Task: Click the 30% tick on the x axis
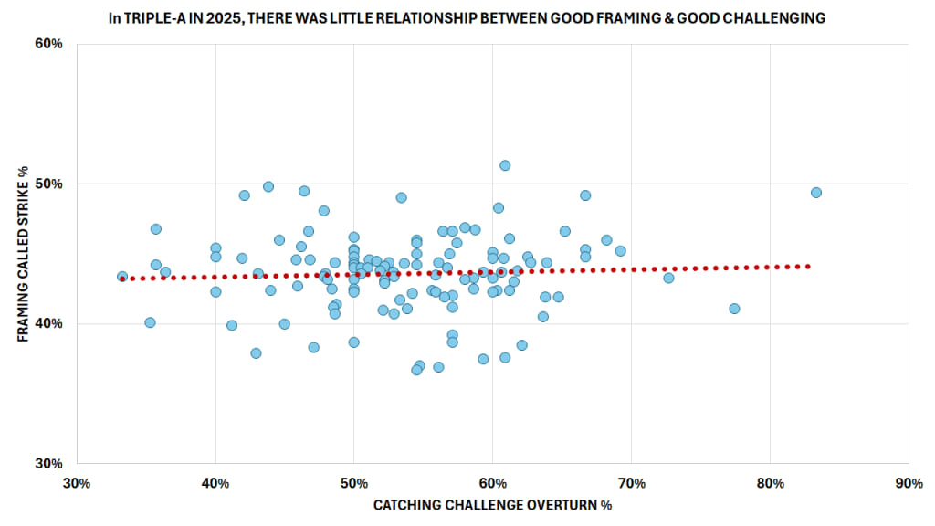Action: (x=77, y=481)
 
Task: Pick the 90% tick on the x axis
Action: (x=908, y=481)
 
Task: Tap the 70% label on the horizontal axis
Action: (x=631, y=481)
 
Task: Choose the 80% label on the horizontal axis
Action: (x=770, y=481)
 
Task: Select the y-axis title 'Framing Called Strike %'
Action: (x=21, y=254)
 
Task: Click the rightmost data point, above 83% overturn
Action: (x=816, y=193)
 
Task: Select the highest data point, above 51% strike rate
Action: (x=505, y=165)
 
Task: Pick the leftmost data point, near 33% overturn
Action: (x=122, y=277)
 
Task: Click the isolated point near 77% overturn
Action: (x=734, y=309)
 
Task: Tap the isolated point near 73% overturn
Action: (x=668, y=278)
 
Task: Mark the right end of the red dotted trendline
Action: (x=808, y=266)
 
